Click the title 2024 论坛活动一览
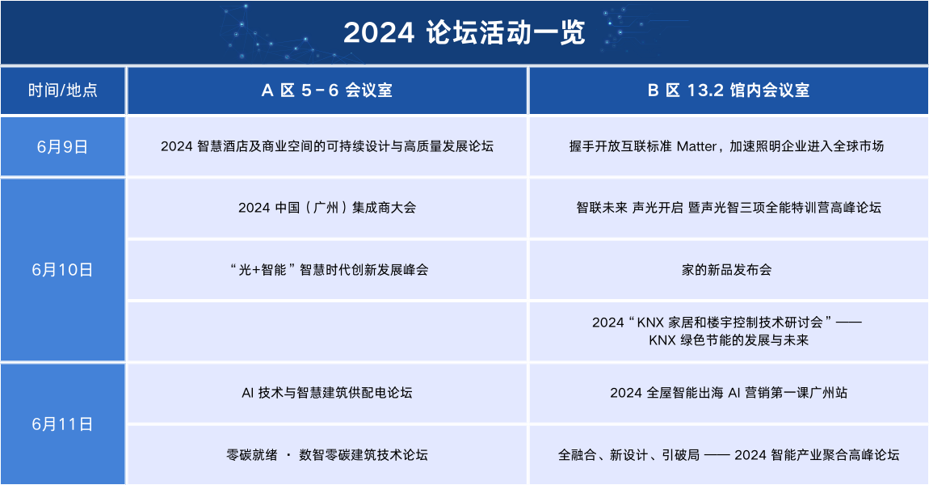coord(464,33)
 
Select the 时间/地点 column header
coord(63,91)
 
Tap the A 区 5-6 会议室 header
coord(326,91)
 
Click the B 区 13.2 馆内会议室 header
coord(728,91)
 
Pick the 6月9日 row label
coord(63,146)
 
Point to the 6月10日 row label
coord(63,270)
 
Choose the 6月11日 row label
coord(63,424)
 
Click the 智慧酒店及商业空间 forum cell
coord(326,146)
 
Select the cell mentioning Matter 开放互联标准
coord(727,146)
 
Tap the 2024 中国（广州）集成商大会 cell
coord(326,208)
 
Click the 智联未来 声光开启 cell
coord(727,208)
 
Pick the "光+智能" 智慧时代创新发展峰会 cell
coord(326,270)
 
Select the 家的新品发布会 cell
coord(727,270)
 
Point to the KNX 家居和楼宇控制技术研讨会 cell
coord(727,331)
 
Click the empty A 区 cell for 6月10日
coord(326,331)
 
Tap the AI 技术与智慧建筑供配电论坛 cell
coord(326,393)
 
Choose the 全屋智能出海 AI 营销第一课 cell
coord(727,393)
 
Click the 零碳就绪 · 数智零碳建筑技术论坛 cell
coord(326,455)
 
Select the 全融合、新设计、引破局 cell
coord(727,455)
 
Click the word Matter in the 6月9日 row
coord(696,146)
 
